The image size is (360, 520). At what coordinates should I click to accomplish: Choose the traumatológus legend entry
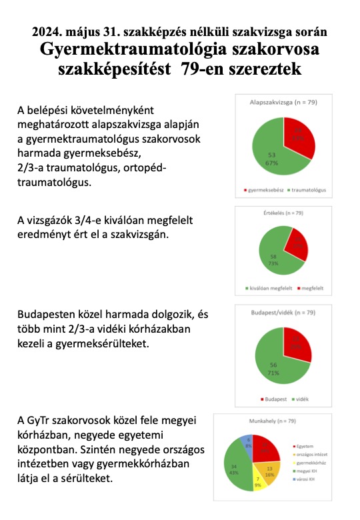(308, 190)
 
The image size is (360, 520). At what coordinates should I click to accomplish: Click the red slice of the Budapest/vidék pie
(297, 343)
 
